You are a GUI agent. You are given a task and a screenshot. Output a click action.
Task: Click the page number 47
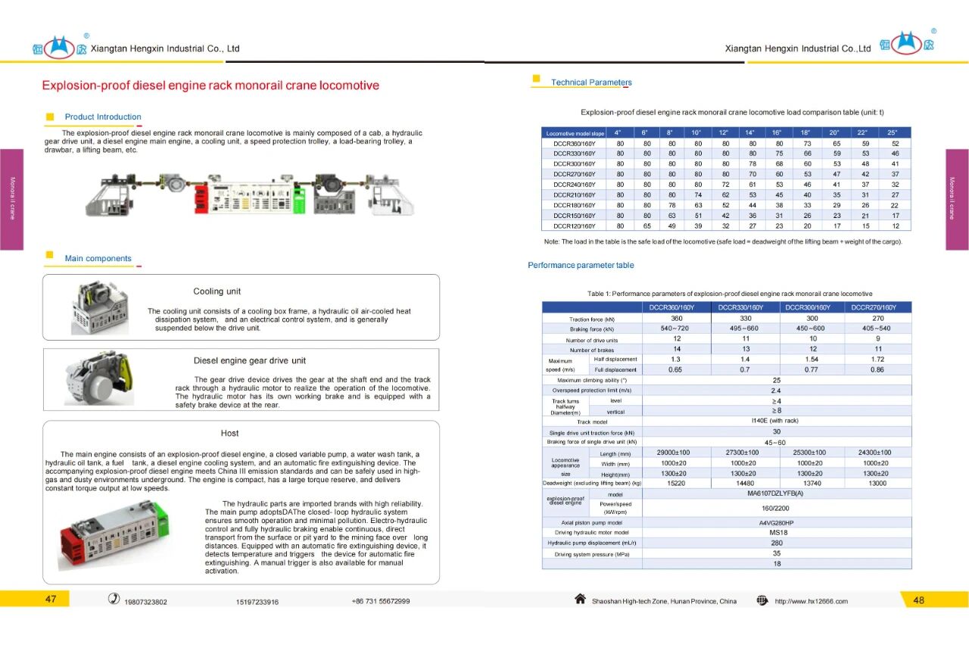coord(51,599)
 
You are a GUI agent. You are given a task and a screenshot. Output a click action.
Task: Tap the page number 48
coord(919,600)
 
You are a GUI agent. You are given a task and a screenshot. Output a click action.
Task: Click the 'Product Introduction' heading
coord(103,117)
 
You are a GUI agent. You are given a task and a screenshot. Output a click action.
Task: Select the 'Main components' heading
coord(98,259)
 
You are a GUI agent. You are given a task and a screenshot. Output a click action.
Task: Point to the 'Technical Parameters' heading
coord(591,83)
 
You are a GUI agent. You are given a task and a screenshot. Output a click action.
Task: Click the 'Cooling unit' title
coord(217,291)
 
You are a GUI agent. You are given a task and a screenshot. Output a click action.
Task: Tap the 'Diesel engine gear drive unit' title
coord(250,361)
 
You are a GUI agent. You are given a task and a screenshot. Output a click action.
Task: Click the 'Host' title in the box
coord(229,434)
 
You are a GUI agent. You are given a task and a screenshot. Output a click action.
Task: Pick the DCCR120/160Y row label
coord(575,226)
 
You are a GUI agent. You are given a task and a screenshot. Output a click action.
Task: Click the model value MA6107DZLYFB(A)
coord(776,494)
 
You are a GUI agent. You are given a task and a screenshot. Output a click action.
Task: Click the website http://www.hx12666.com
coord(811,602)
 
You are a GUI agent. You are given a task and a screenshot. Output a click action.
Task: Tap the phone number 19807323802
coord(146,603)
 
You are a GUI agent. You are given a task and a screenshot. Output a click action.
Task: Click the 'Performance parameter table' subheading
coord(581,266)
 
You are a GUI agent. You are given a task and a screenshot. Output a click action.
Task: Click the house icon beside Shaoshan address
coord(580,599)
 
